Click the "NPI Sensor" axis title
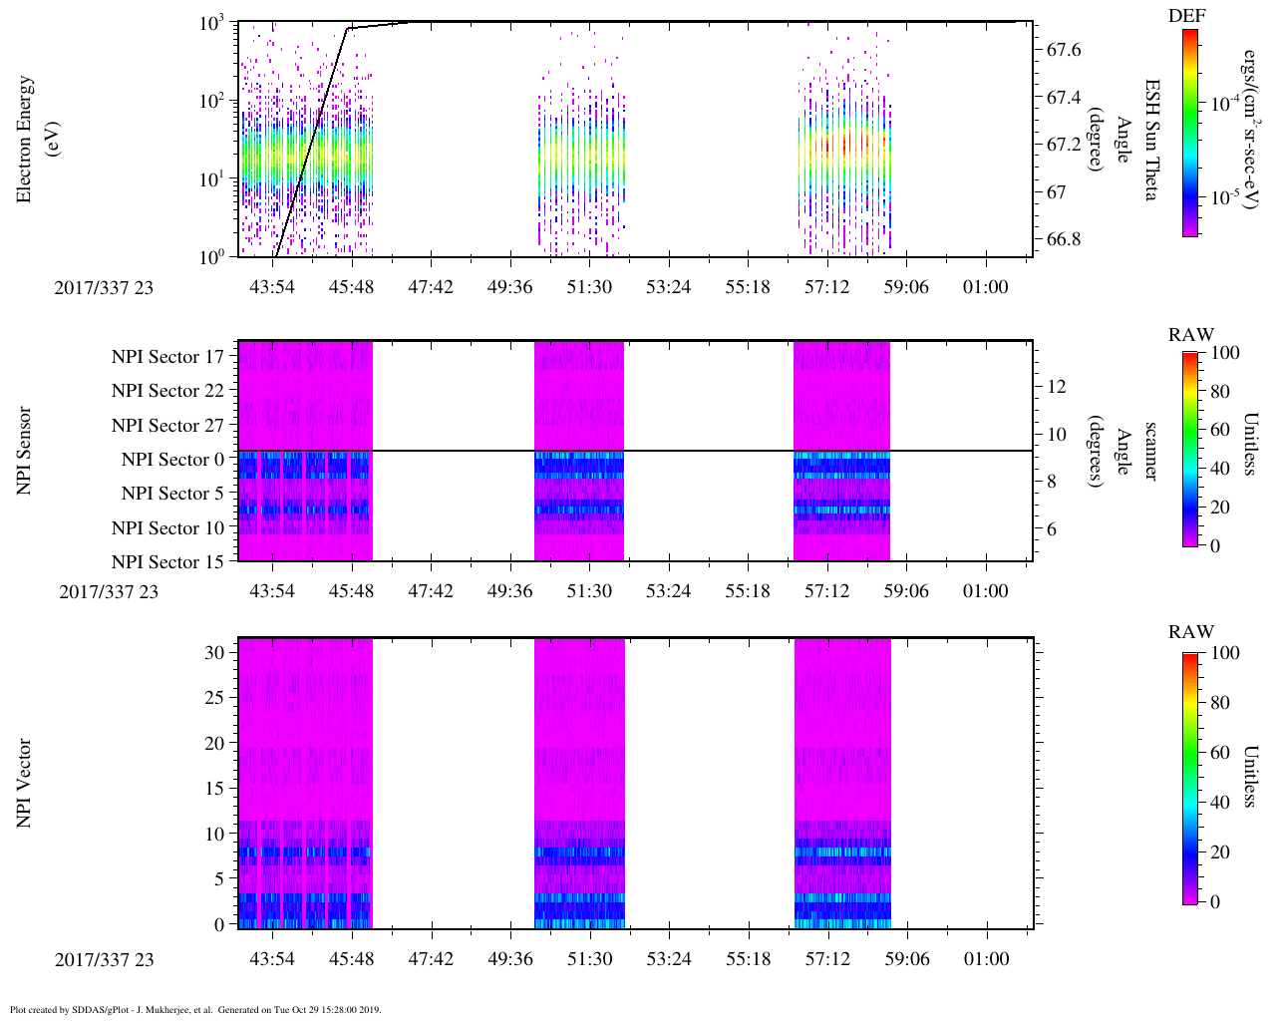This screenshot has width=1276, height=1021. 24,451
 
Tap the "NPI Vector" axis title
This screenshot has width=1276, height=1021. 24,783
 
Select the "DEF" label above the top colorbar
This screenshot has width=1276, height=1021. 1187,16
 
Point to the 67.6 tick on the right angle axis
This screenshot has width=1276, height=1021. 1063,50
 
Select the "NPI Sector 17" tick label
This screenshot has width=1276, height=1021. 167,357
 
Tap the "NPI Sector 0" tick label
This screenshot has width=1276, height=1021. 172,460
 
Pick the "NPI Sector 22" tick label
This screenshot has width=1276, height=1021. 167,391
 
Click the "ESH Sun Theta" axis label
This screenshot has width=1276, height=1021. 1150,140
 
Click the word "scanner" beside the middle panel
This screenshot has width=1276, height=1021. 1150,451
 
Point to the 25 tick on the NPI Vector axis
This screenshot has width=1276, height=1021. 213,697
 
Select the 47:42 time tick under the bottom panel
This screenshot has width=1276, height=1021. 431,959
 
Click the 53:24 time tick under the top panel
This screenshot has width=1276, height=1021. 668,287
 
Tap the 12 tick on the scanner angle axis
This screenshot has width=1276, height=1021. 1058,386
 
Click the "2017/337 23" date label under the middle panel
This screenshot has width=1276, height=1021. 109,591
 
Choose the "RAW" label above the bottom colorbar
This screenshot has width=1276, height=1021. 1191,632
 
